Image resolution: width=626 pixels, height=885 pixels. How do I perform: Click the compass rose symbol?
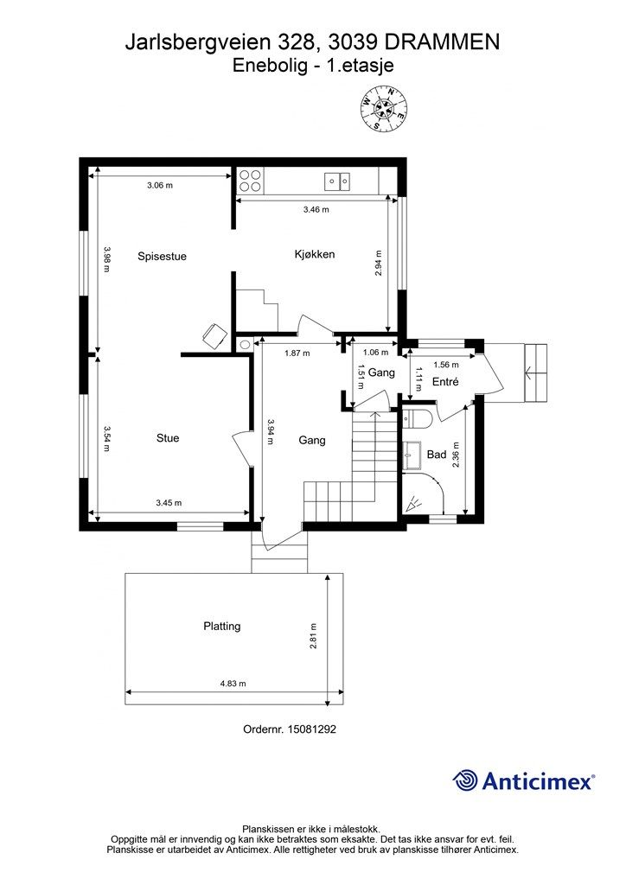[x=384, y=108]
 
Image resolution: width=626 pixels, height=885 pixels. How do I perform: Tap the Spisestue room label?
[x=162, y=256]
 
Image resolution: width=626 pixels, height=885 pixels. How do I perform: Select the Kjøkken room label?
[x=315, y=255]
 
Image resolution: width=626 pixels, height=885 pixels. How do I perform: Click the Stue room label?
[x=168, y=438]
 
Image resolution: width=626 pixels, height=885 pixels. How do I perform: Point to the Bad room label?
[x=437, y=455]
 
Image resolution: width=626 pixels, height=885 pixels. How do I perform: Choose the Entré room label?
[x=445, y=381]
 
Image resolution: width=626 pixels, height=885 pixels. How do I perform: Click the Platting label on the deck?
[x=222, y=626]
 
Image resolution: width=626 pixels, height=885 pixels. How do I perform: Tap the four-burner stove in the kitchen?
[x=250, y=181]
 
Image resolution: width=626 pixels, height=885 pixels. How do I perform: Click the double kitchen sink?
[x=337, y=181]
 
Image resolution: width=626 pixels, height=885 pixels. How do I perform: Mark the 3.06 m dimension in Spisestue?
[x=160, y=185]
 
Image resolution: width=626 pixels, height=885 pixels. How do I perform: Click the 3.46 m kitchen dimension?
[x=316, y=209]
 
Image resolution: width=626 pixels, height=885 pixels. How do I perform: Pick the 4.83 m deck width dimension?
[x=233, y=684]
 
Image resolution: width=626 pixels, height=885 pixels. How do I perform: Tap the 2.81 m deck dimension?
[x=313, y=636]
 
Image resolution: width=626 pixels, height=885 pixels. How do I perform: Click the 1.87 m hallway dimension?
[x=297, y=353]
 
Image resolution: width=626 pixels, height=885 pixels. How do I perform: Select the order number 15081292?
[x=311, y=729]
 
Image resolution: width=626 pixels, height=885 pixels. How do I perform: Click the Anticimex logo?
[x=523, y=780]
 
